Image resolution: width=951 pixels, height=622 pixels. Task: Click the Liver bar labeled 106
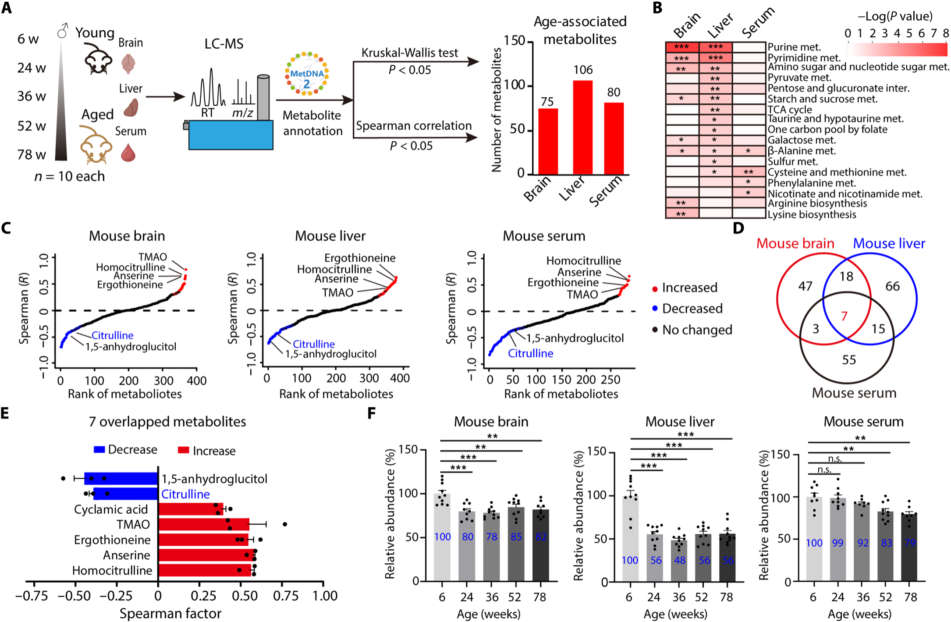(x=582, y=127)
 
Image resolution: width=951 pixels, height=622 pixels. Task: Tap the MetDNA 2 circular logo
(x=307, y=74)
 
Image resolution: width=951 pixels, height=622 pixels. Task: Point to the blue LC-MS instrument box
(x=231, y=135)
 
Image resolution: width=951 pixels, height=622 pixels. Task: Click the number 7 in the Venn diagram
(x=844, y=316)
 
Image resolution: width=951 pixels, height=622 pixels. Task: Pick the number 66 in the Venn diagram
(x=892, y=286)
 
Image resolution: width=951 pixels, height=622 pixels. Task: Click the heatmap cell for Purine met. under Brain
(x=681, y=47)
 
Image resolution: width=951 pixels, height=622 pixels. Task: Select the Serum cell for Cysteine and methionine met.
(x=749, y=172)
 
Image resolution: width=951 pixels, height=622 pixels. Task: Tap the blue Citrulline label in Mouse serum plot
(x=530, y=353)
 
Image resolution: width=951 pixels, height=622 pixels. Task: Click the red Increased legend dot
(x=655, y=288)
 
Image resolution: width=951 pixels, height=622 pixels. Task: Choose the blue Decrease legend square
(x=99, y=450)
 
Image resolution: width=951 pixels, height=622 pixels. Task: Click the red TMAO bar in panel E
(x=203, y=524)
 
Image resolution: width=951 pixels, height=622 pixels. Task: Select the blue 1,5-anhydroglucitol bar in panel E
(x=121, y=478)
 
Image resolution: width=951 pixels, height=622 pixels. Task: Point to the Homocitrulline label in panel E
(x=112, y=570)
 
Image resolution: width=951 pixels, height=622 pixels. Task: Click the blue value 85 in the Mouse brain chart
(x=516, y=537)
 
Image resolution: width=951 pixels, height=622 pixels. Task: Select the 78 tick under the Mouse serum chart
(x=910, y=597)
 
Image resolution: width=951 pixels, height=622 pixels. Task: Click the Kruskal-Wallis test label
(x=409, y=53)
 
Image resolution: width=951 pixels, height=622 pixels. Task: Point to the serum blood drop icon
(x=128, y=153)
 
